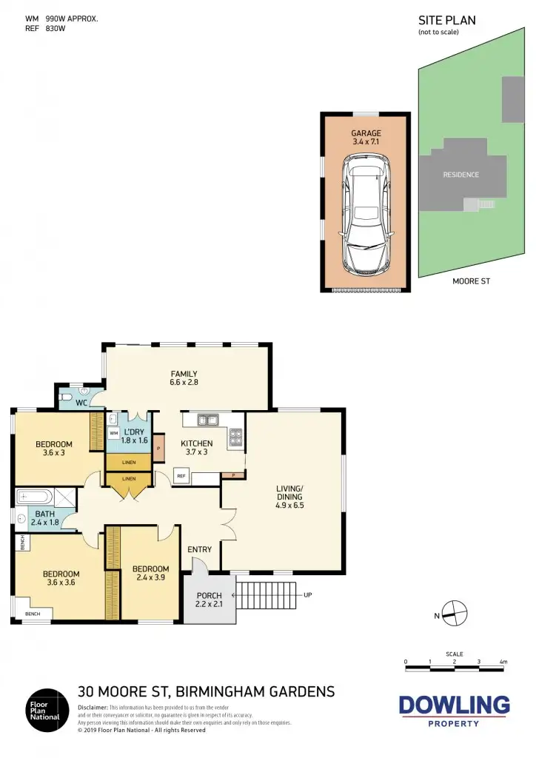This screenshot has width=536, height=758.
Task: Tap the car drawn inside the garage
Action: [x=366, y=214]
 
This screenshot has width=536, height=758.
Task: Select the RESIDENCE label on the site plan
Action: [x=460, y=175]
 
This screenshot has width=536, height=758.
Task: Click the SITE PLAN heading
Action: [x=447, y=21]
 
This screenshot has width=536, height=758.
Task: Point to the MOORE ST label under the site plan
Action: [x=471, y=281]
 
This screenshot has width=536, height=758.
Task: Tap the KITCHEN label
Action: [x=197, y=443]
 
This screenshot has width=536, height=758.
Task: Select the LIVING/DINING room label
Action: [x=290, y=493]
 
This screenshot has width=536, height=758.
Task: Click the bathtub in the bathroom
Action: [x=34, y=496]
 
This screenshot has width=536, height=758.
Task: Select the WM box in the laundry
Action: [x=114, y=434]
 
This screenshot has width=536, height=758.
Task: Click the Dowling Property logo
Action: [x=454, y=709]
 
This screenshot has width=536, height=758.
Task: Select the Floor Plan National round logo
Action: [x=44, y=708]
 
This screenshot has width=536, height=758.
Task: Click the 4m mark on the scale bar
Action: [x=503, y=660]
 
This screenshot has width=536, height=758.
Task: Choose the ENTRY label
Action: [x=200, y=549]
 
